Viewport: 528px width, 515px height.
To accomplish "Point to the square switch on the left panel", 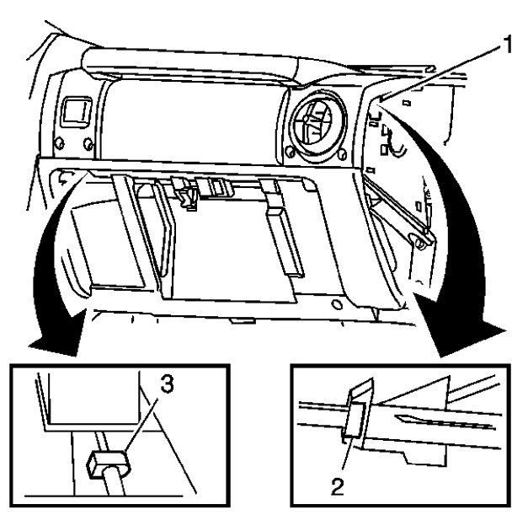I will [x=77, y=110].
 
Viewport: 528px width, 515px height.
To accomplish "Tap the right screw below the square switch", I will [x=88, y=144].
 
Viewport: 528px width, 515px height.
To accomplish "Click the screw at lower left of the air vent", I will [x=291, y=153].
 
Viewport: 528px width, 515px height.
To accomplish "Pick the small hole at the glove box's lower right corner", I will [x=337, y=300].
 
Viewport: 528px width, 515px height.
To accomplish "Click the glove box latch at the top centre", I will [x=186, y=191].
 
